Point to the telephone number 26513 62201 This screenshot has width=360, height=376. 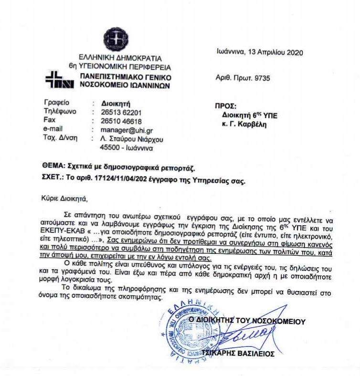(121, 112)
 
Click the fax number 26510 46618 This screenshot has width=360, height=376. (121, 121)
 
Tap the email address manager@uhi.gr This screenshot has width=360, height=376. (127, 130)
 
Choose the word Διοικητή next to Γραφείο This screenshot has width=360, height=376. (116, 103)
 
